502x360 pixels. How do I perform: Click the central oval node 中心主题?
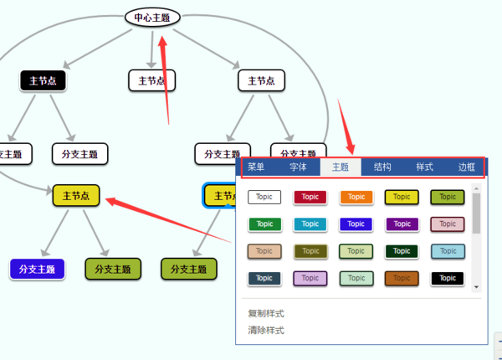tap(152, 17)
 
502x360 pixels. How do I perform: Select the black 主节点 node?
tap(43, 81)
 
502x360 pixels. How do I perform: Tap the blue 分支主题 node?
tap(37, 269)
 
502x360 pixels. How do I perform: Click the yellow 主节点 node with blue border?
tap(222, 196)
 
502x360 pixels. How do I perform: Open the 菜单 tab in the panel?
tap(256, 167)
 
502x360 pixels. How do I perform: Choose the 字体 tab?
tap(298, 167)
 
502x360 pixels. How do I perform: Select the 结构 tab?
tap(382, 167)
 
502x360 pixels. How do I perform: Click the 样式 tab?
tap(424, 167)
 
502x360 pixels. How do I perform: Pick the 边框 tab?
tap(466, 167)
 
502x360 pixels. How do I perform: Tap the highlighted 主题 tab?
tap(341, 167)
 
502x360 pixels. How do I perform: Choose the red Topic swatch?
tap(310, 197)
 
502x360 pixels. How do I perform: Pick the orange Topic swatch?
tap(356, 197)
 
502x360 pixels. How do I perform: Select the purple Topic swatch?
tap(402, 224)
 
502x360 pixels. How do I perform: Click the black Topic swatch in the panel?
tap(448, 277)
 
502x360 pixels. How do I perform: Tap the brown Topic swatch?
tap(402, 277)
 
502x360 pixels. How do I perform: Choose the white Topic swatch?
tap(264, 197)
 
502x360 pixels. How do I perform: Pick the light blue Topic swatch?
tap(448, 250)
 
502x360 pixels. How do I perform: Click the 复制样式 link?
tap(266, 313)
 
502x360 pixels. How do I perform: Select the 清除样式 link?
tap(266, 330)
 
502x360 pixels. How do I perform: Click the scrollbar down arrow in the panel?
tap(476, 286)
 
